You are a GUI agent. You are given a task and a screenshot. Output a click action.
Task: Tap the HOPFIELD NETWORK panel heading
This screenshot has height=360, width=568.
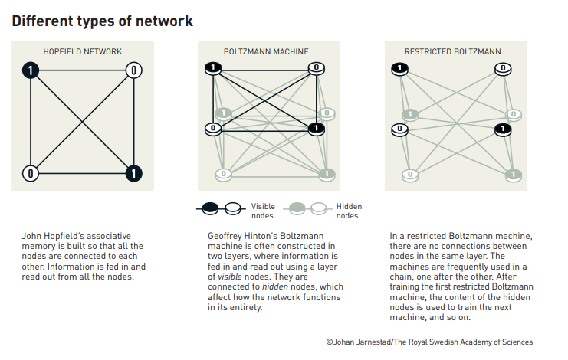[82, 52]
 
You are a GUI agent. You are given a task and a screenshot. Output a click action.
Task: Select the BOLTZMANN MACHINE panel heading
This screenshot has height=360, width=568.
[266, 52]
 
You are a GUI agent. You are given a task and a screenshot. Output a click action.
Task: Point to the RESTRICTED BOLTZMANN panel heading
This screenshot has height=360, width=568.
[453, 52]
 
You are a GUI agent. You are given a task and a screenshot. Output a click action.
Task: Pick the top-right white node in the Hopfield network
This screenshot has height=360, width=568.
[133, 70]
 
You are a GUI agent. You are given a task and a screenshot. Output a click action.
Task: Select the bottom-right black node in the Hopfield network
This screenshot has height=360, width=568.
[133, 173]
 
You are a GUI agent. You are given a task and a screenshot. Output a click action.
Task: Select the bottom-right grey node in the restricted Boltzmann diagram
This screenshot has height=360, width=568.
[513, 175]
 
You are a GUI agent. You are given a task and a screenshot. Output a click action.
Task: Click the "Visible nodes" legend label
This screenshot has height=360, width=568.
[262, 211]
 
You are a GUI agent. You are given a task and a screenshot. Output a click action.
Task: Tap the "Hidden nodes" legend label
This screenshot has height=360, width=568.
[349, 211]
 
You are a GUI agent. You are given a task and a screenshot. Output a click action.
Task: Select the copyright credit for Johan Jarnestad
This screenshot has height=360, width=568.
[428, 342]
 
